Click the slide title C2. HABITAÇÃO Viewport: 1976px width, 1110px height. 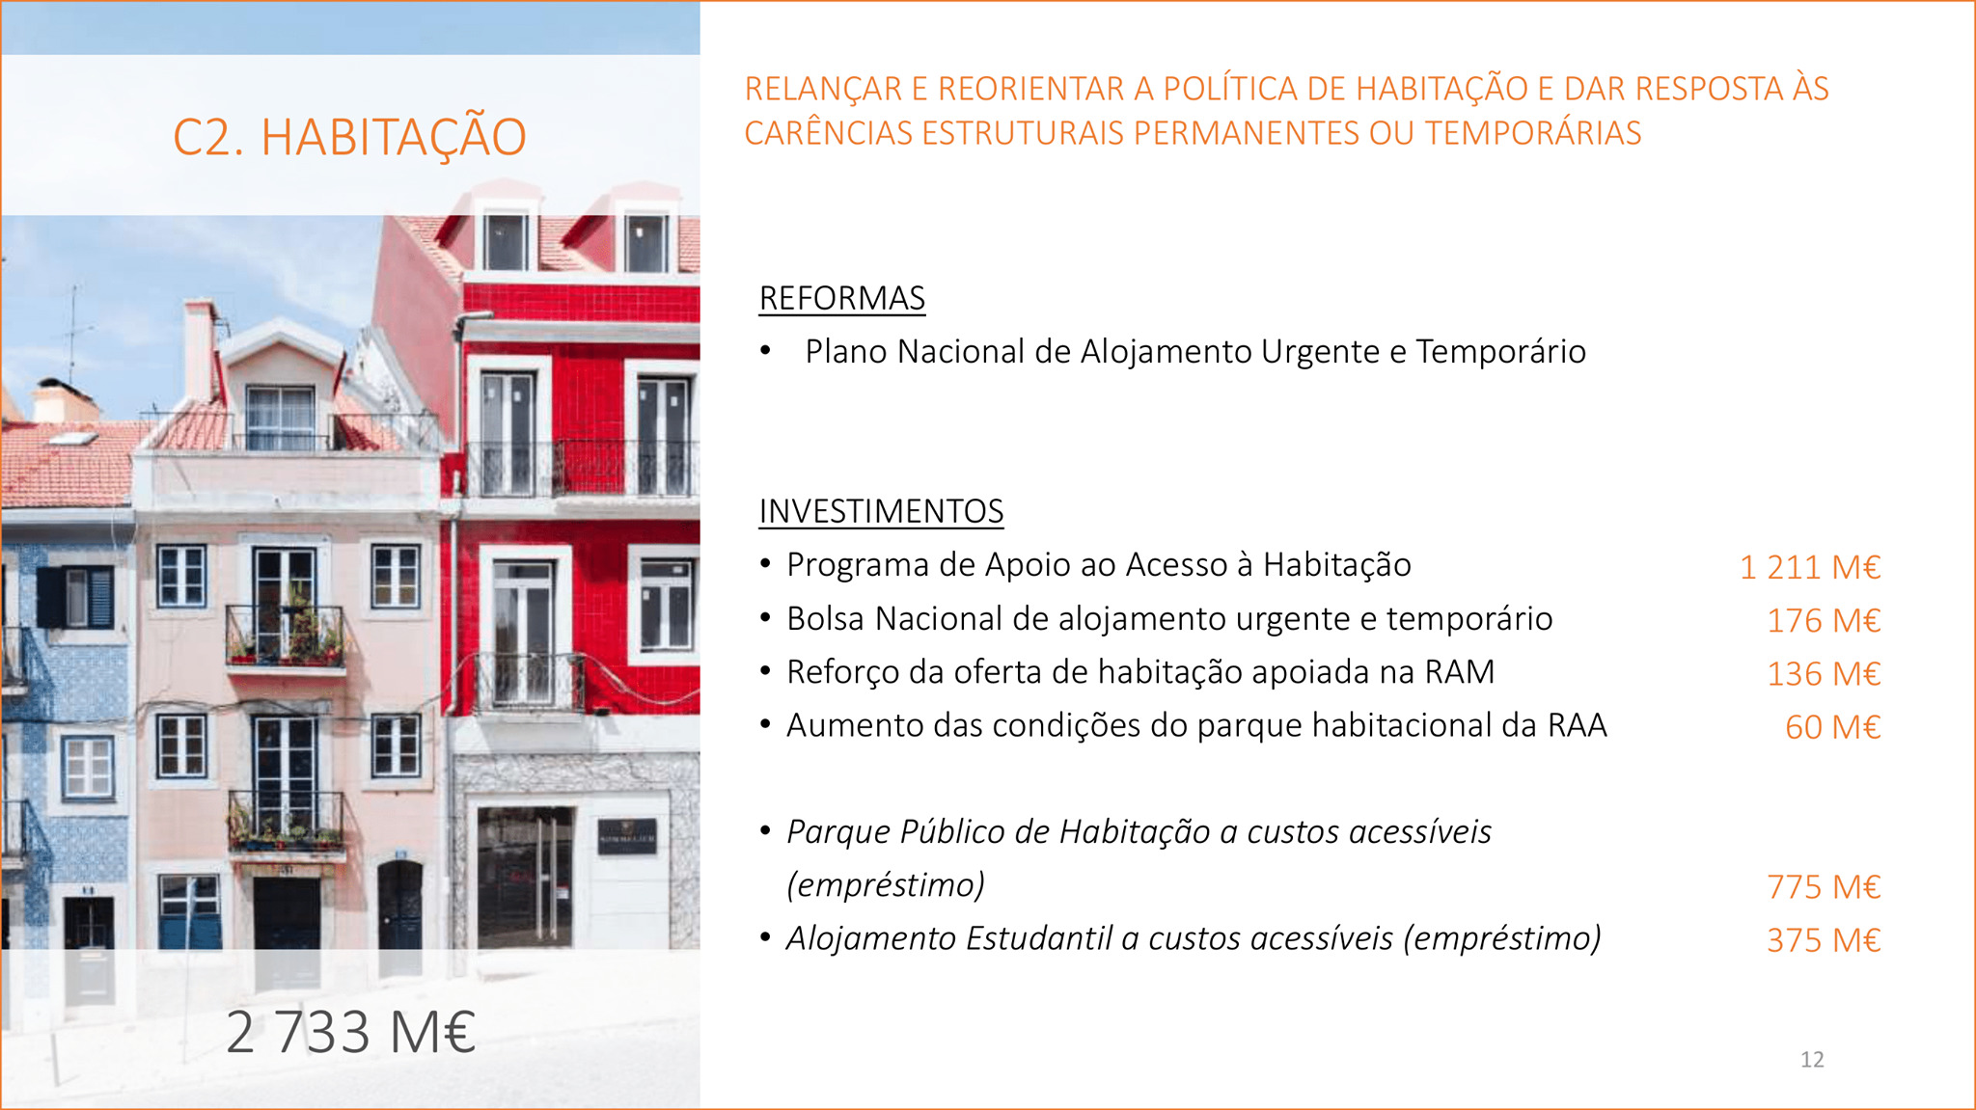(349, 137)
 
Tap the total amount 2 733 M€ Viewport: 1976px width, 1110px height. (351, 1032)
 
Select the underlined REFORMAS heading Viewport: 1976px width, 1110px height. (842, 299)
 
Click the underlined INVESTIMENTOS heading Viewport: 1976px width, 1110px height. (881, 511)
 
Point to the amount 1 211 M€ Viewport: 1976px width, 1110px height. (1810, 567)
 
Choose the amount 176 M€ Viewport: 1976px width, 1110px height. (1824, 621)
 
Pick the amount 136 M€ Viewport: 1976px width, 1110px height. (1824, 674)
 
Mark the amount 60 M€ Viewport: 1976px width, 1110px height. (1833, 727)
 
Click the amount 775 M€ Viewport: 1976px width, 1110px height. (1824, 887)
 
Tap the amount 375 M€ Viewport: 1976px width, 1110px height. (1824, 940)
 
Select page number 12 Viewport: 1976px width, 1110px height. (1812, 1060)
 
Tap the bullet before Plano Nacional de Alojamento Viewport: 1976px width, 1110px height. (765, 351)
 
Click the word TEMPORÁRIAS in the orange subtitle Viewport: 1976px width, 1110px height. (1533, 133)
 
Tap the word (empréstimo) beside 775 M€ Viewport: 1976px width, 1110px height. (886, 885)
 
